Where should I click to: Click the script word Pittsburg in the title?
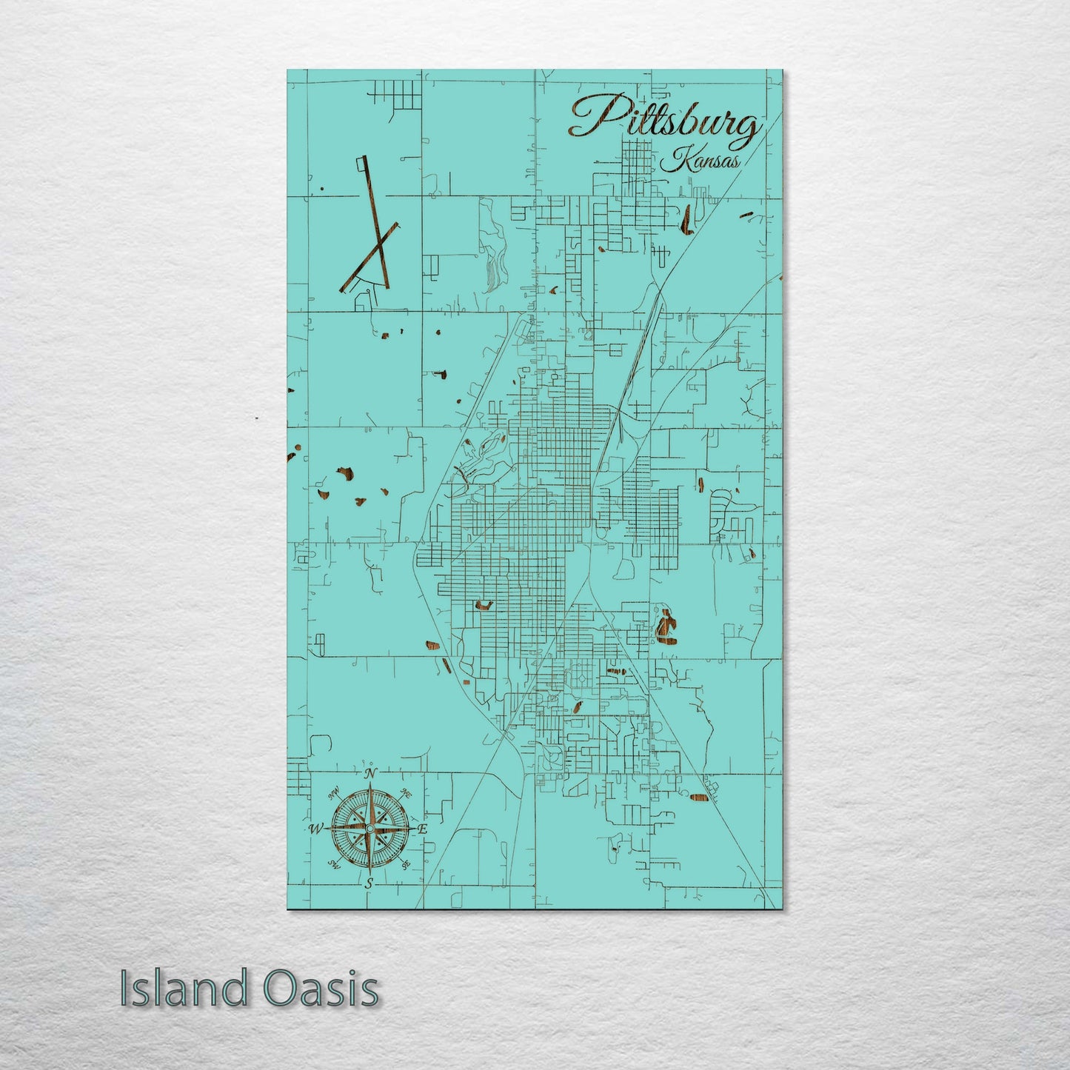click(x=665, y=121)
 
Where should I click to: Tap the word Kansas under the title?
click(x=700, y=160)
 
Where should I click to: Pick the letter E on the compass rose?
click(x=423, y=830)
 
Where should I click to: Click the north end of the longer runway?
click(x=363, y=159)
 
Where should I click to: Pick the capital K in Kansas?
click(x=675, y=158)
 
